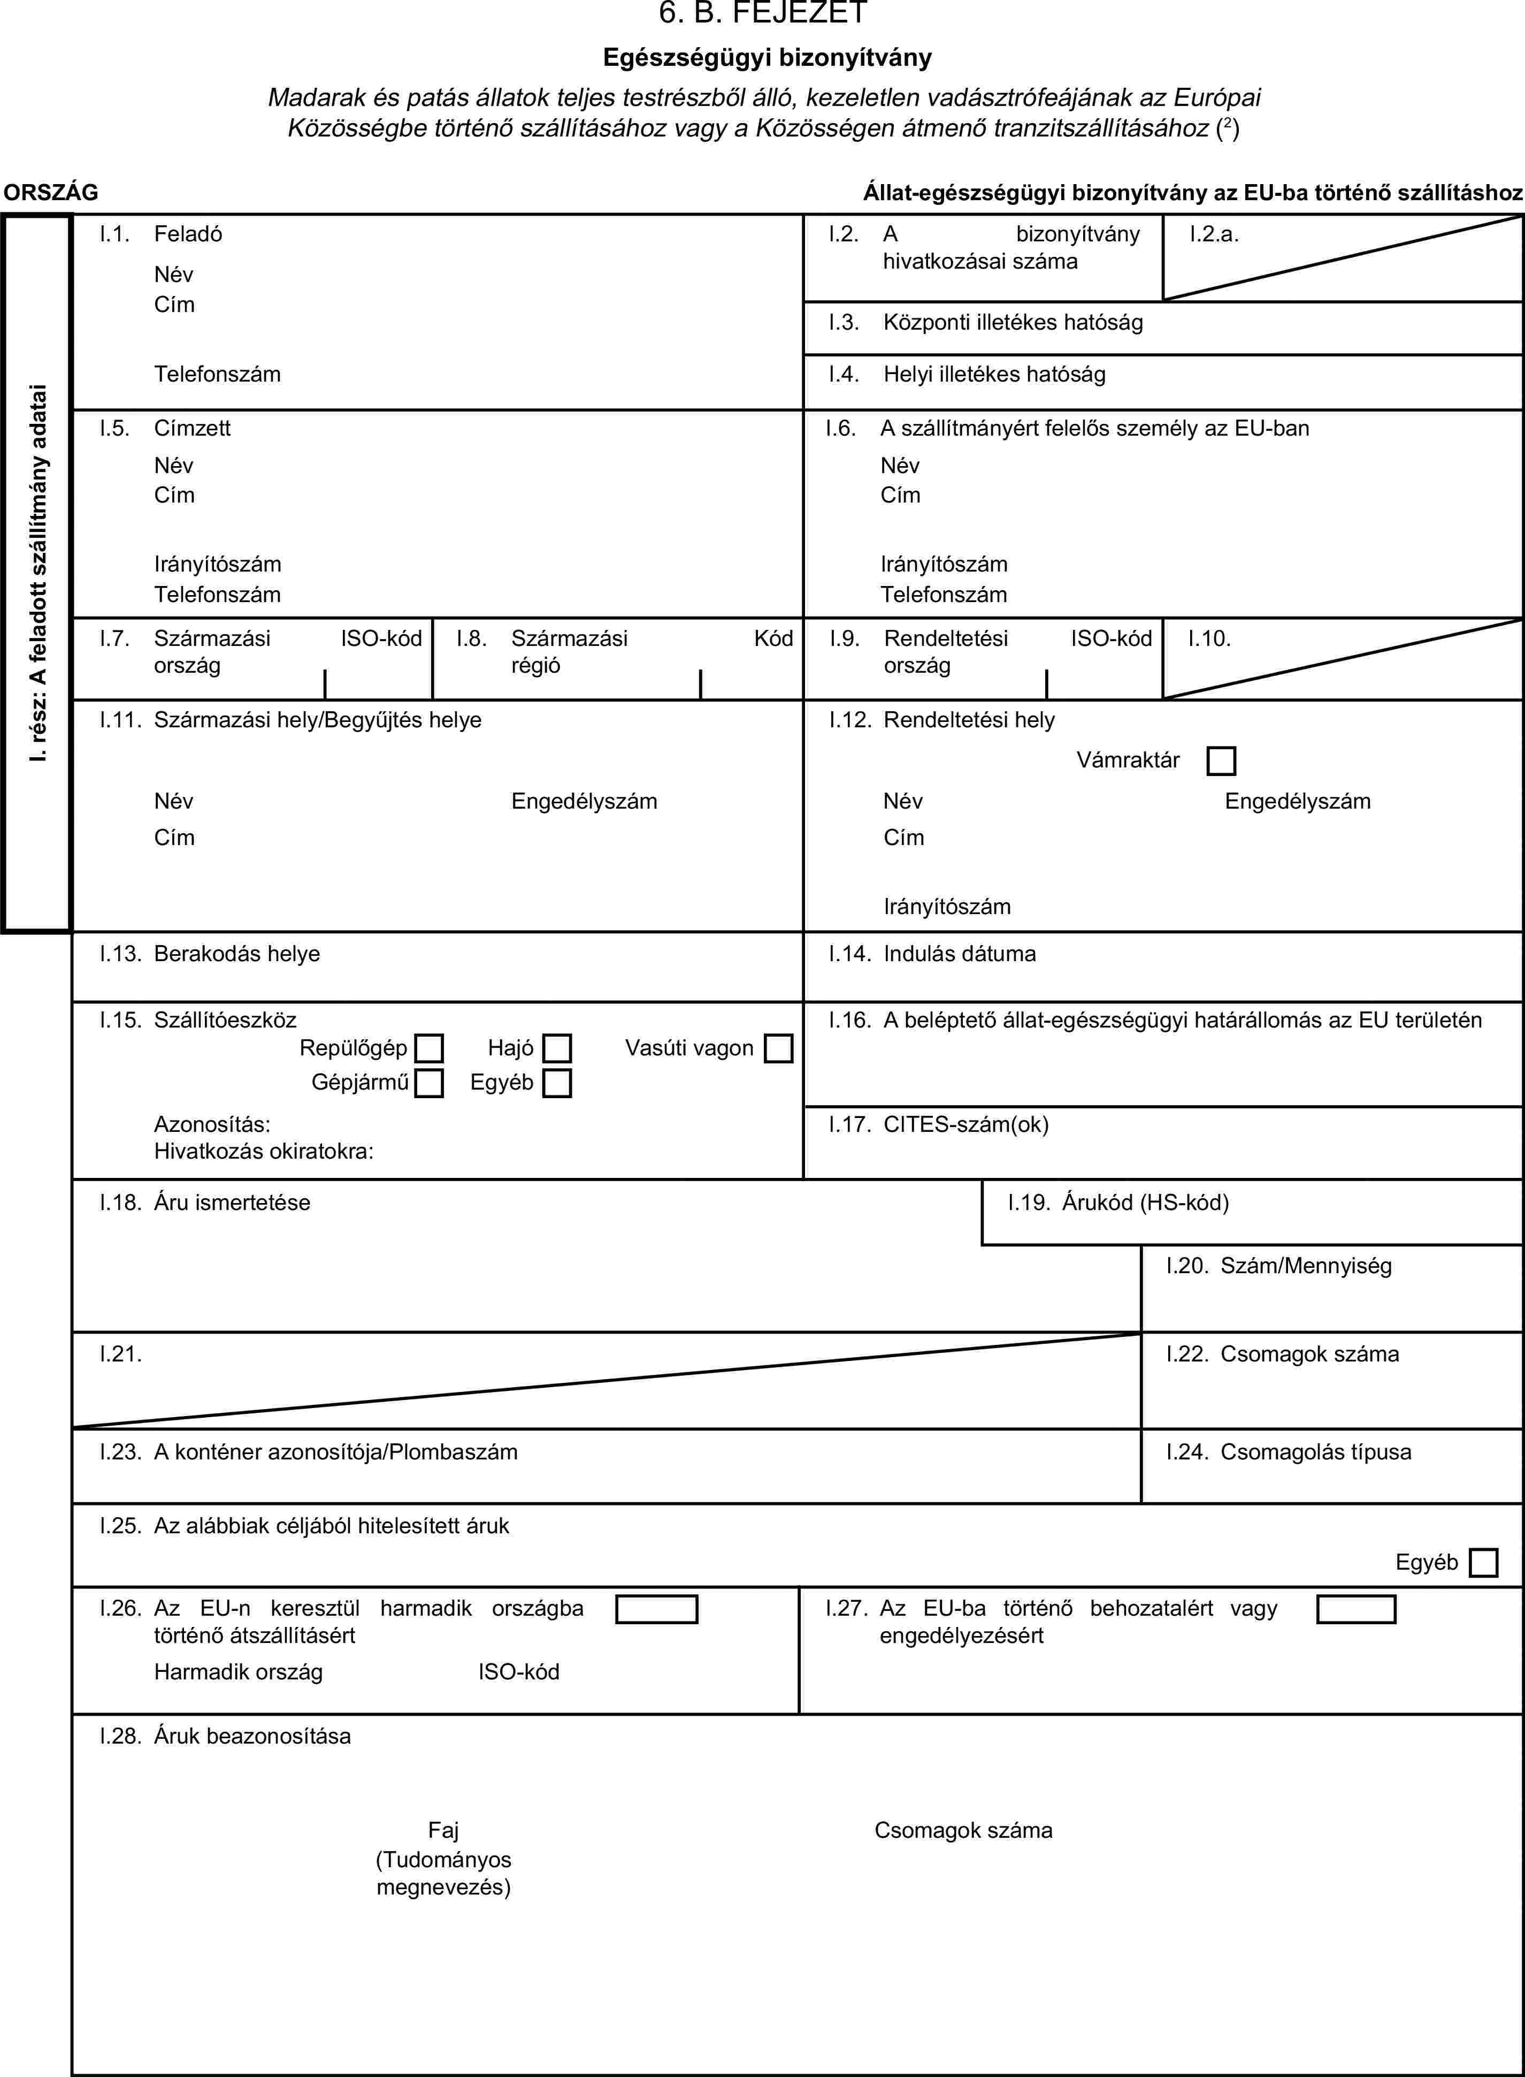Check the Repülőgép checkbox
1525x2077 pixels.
pyautogui.click(x=429, y=1048)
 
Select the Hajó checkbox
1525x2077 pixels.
pyautogui.click(x=557, y=1048)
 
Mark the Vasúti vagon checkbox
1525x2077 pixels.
pyautogui.click(x=778, y=1048)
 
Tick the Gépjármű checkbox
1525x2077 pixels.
pyautogui.click(x=428, y=1082)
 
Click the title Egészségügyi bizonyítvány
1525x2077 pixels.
pyautogui.click(x=767, y=57)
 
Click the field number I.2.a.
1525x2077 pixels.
pyautogui.click(x=1213, y=234)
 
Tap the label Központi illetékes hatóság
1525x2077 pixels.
pyautogui.click(x=1013, y=322)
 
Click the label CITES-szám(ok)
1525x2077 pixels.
pyautogui.click(x=965, y=1124)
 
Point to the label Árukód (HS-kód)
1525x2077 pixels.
pyautogui.click(x=1145, y=1203)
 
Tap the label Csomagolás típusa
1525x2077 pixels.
pyautogui.click(x=1315, y=1452)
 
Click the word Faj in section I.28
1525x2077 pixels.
pyautogui.click(x=443, y=1830)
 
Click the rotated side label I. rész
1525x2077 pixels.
pyautogui.click(x=37, y=573)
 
